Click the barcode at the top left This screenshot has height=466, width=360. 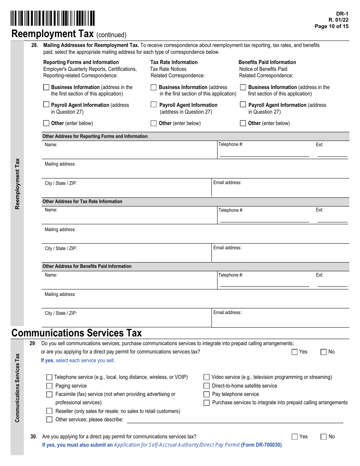(53, 19)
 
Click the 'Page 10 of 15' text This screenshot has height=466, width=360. (331, 27)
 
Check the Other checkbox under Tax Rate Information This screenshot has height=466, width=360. (153, 123)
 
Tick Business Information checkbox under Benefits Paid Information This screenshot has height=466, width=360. (243, 87)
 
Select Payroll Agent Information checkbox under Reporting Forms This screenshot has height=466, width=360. (46, 105)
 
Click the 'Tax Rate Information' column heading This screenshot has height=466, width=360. (174, 62)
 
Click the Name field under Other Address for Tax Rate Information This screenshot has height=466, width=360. (129, 216)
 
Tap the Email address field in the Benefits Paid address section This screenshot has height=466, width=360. (280, 320)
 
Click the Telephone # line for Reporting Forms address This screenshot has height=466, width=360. (264, 153)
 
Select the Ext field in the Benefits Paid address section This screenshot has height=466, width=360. (332, 283)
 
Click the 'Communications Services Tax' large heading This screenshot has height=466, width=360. (77, 333)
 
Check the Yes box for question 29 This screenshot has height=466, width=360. (295, 352)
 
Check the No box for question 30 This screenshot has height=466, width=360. (324, 437)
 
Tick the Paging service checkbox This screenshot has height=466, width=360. (49, 386)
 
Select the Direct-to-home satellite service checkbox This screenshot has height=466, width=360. (207, 386)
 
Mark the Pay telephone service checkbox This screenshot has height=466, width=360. (207, 394)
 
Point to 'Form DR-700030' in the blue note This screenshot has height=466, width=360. (261, 445)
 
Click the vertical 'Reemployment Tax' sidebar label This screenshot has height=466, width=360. (17, 184)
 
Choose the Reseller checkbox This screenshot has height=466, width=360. (49, 411)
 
